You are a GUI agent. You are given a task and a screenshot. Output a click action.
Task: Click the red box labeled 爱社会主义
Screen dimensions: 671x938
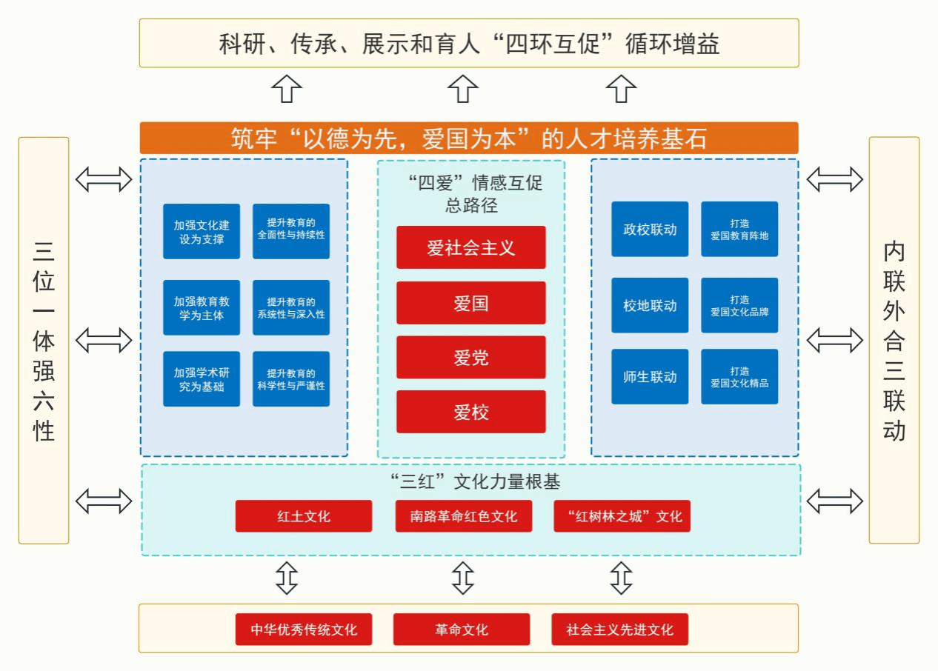point(470,247)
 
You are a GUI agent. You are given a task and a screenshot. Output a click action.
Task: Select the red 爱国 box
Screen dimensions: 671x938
point(470,303)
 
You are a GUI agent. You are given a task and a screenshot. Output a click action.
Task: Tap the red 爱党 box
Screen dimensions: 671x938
point(470,358)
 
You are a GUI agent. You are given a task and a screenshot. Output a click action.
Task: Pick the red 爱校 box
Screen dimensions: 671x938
point(470,412)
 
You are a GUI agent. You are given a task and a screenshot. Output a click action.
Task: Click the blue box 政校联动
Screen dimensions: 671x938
point(650,230)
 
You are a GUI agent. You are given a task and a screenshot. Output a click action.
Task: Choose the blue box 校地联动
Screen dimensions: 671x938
point(650,305)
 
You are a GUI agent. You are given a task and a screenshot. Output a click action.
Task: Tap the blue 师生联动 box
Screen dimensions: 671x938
point(650,376)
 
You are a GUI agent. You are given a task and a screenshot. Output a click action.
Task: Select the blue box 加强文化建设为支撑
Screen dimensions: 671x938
point(202,231)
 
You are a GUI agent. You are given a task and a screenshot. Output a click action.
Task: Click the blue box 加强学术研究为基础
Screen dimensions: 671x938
point(202,378)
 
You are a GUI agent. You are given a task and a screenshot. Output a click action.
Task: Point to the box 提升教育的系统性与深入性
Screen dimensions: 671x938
point(291,307)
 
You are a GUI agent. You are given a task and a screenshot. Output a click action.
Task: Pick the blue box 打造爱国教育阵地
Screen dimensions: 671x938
point(739,230)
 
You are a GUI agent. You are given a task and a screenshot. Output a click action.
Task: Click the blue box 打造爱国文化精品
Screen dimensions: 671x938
point(739,376)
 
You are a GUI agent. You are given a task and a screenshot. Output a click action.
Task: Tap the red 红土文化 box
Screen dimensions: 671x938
point(304,516)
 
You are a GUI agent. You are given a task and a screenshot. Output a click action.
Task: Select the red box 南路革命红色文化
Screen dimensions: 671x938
point(464,516)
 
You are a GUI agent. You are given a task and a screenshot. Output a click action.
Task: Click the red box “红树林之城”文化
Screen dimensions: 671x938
point(622,516)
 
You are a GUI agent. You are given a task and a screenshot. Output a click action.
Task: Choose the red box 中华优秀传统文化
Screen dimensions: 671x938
point(304,630)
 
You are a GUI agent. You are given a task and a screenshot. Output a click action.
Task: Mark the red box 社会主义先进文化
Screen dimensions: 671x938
point(620,630)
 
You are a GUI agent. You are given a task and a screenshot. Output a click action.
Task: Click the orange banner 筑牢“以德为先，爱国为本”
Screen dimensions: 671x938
point(469,138)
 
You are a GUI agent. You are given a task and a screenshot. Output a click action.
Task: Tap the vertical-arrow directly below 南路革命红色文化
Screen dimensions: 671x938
point(463,578)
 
